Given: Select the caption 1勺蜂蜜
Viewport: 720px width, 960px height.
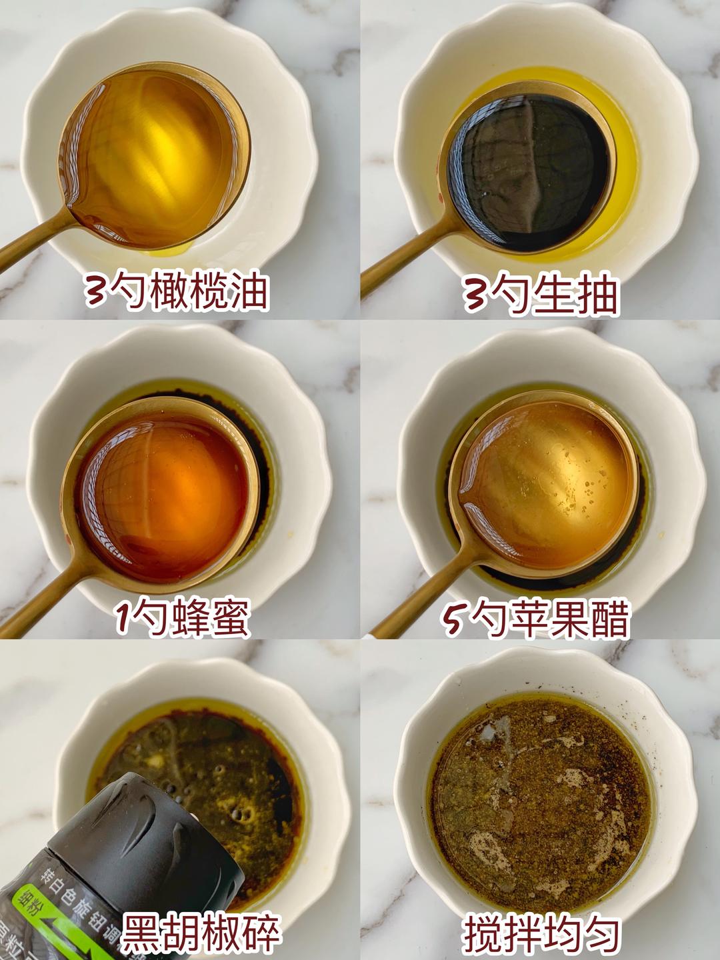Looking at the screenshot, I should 182,618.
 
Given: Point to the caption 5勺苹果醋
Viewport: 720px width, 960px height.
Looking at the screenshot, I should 536,619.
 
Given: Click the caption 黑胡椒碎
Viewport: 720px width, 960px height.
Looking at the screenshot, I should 200,933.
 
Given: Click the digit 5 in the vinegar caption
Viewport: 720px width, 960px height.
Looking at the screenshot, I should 453,620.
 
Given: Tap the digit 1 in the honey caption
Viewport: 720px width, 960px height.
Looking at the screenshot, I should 123,619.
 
